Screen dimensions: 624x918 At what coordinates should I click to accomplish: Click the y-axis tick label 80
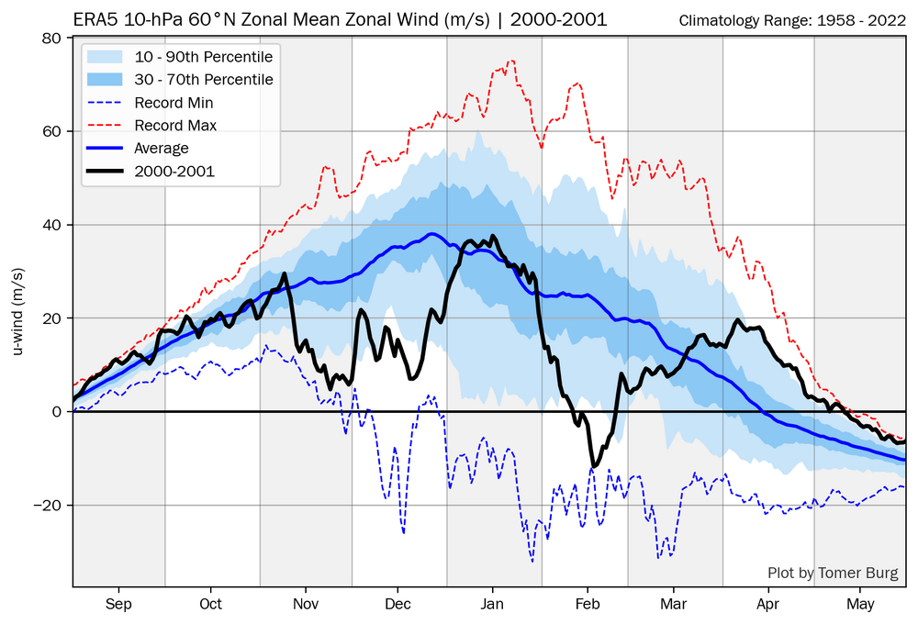click(51, 39)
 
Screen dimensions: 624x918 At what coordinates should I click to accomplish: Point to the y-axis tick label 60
click(51, 132)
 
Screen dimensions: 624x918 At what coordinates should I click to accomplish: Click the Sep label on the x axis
click(118, 604)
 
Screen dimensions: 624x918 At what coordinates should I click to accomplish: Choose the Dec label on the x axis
click(397, 604)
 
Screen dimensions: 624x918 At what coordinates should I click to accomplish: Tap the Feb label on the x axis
click(588, 604)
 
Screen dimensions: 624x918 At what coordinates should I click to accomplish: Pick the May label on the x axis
click(860, 604)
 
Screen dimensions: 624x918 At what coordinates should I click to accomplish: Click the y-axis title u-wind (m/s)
click(17, 312)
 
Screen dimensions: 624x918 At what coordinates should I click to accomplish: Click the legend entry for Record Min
click(174, 103)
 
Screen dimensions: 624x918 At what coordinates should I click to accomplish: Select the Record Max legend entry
click(175, 126)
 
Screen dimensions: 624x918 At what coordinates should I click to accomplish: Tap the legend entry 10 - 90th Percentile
click(204, 57)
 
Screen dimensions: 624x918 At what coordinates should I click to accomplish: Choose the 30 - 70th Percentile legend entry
click(204, 80)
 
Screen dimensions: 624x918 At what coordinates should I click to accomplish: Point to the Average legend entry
click(162, 149)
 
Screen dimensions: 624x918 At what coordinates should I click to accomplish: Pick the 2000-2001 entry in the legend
click(174, 172)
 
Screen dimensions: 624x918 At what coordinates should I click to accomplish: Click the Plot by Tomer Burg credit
click(834, 574)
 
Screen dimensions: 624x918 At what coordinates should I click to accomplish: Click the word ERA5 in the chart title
click(93, 19)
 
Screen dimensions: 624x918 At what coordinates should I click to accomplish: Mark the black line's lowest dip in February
click(594, 466)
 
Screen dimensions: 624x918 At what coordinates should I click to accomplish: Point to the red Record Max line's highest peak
click(510, 61)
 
